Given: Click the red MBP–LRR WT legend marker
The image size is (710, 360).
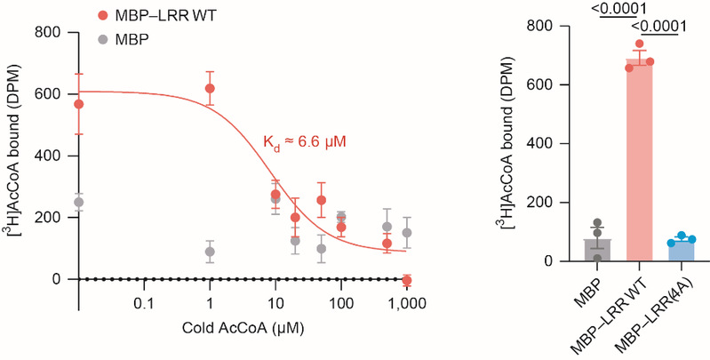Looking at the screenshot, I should point(104,15).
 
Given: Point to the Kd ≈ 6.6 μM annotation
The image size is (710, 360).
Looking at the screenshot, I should point(301,140).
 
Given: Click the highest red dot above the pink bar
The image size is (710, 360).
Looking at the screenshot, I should point(640,44).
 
